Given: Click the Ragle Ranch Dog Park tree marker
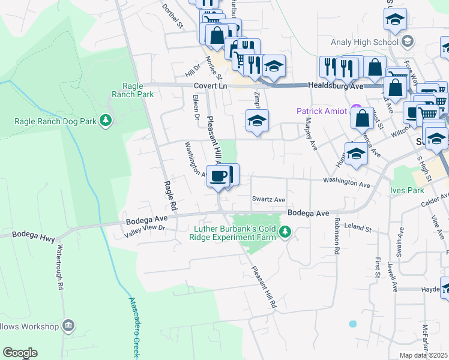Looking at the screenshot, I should (x=106, y=121).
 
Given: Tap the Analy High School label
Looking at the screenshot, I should (x=364, y=42).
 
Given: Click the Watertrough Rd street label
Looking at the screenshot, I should (x=60, y=267).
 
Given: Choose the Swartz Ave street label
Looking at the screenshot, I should (x=268, y=199).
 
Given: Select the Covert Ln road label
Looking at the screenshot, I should (x=214, y=86).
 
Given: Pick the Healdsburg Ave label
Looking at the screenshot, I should (x=336, y=86).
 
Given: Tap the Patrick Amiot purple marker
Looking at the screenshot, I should (x=357, y=111).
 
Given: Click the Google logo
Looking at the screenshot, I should (x=20, y=353).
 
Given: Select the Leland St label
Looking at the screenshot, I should (x=359, y=229).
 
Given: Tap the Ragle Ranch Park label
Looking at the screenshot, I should (x=133, y=90).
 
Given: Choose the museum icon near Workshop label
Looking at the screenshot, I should (x=69, y=326).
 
